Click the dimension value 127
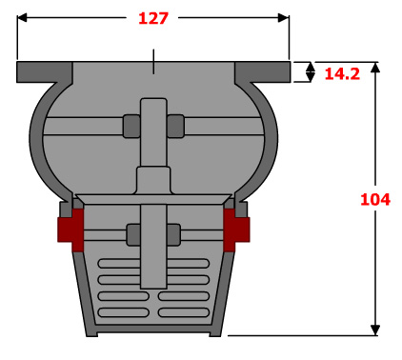click(x=153, y=18)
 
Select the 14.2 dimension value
click(x=342, y=74)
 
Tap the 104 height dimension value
click(x=375, y=200)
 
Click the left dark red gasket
click(x=71, y=230)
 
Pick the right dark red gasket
click(x=236, y=230)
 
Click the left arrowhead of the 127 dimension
click(x=22, y=18)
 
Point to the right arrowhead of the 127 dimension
click(x=284, y=18)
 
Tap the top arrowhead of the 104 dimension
click(x=375, y=68)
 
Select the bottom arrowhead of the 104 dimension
click(x=375, y=330)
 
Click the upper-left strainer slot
click(x=119, y=264)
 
